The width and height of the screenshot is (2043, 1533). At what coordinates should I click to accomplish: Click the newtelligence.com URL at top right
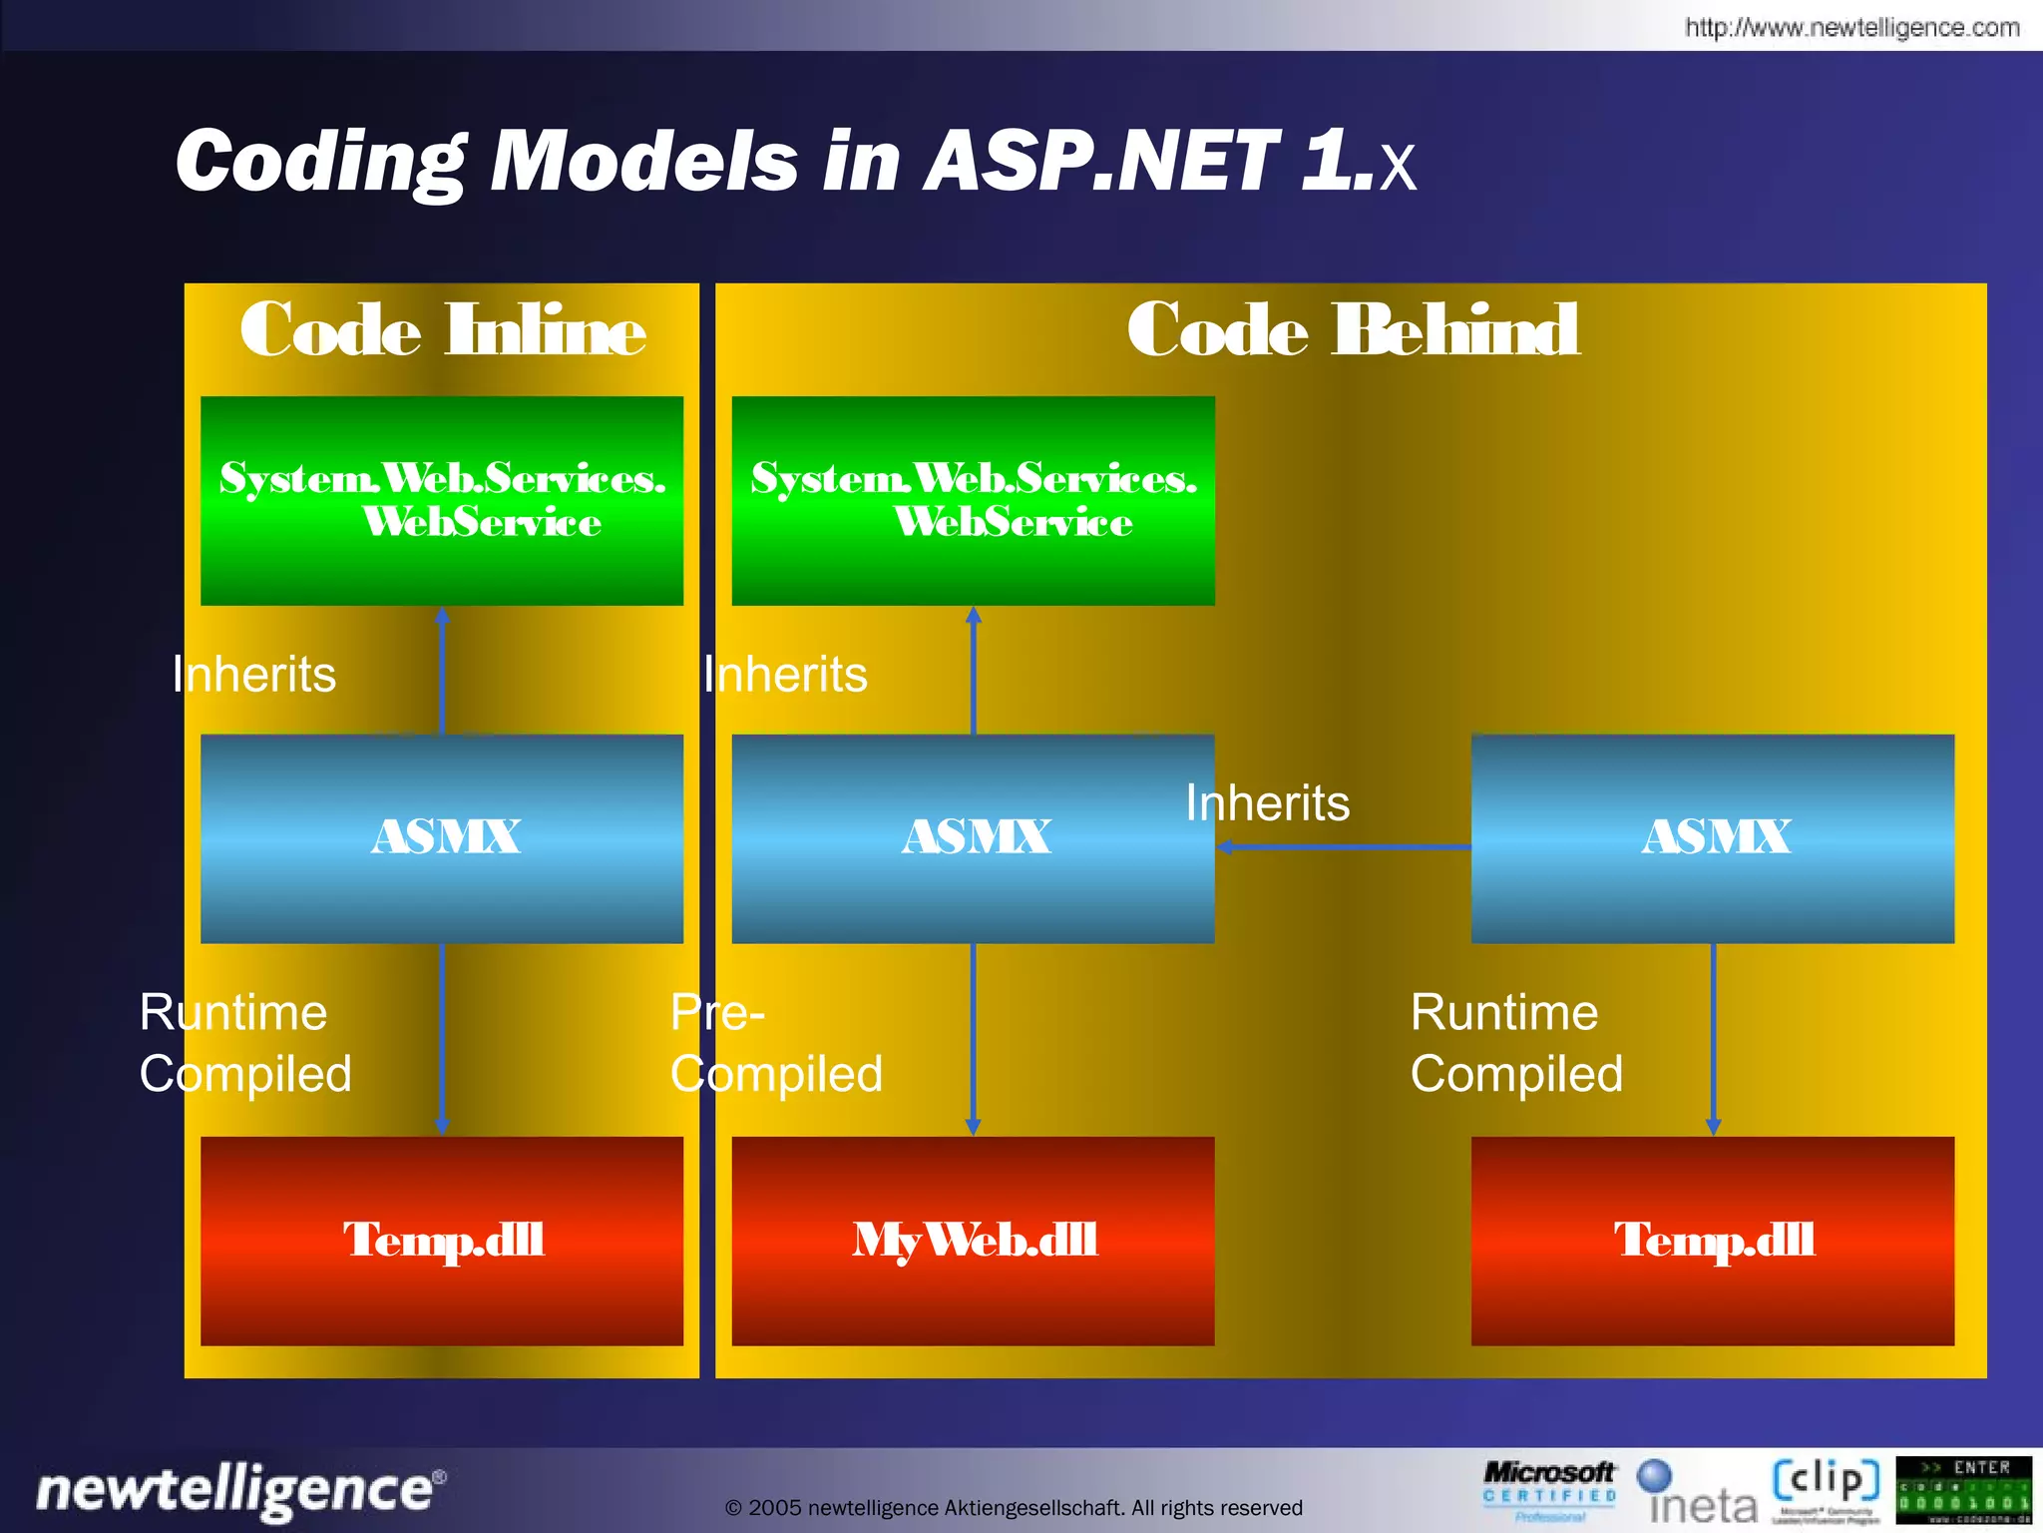[1851, 27]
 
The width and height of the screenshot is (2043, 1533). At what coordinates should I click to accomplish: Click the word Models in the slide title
[643, 162]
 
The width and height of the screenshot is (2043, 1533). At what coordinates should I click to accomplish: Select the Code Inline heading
[442, 330]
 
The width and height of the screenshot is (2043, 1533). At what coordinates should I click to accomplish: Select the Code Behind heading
[1353, 330]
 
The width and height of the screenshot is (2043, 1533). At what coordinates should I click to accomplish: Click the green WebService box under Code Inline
[442, 500]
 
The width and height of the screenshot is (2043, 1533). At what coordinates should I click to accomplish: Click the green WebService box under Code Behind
[973, 500]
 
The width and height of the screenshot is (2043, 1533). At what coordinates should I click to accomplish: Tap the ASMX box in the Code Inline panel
[442, 838]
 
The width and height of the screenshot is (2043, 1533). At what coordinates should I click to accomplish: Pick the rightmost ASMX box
[1712, 838]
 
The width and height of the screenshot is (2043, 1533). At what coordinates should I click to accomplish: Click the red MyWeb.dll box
[973, 1241]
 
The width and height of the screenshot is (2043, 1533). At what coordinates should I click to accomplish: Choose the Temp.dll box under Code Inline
[442, 1241]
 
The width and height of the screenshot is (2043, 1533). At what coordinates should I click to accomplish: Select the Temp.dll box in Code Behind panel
[1712, 1241]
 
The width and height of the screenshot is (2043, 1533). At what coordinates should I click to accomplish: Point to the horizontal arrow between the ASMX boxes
[1343, 847]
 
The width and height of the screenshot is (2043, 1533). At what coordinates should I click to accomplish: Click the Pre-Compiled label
[775, 1044]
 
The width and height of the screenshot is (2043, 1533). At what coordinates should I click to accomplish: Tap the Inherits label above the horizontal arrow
[1267, 803]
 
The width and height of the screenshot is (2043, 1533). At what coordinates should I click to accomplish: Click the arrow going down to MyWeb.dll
[974, 1038]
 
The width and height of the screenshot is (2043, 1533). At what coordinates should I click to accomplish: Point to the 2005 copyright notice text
[1014, 1507]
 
